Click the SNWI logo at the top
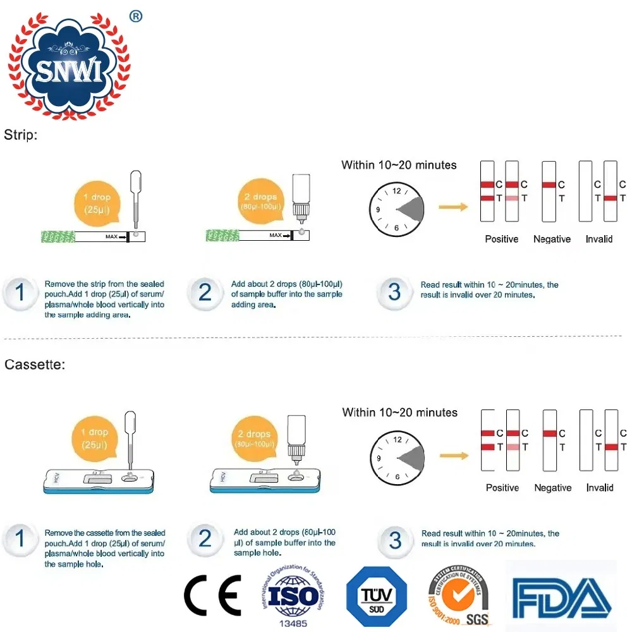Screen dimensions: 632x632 point(68,65)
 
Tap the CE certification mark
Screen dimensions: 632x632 point(212,595)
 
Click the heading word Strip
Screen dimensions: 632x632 point(20,135)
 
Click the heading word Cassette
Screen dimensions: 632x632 point(34,365)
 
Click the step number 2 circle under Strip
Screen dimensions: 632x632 point(205,293)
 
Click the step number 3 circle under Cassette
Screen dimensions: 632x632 point(395,540)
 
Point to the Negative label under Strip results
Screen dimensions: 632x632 point(552,239)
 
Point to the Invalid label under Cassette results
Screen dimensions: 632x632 point(600,487)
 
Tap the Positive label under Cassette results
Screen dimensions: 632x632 point(502,487)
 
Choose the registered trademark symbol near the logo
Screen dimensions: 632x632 point(135,16)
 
